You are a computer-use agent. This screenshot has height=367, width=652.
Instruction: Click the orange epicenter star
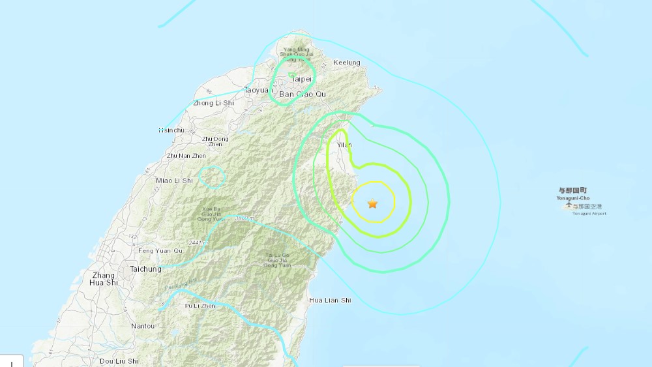coord(372,204)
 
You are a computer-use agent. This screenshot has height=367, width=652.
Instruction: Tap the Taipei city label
coord(302,79)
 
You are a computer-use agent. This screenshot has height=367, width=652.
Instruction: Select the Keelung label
coord(346,63)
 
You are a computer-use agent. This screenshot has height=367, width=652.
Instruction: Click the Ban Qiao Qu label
coord(302,95)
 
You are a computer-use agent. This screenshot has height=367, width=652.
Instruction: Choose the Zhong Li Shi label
coord(213,103)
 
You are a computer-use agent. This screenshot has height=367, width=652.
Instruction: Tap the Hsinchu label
coord(171,130)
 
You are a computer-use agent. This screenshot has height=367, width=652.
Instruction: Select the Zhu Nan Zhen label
coord(186,156)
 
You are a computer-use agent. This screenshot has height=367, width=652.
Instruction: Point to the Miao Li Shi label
coord(175,180)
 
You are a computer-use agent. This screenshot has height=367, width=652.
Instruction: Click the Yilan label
coord(344,145)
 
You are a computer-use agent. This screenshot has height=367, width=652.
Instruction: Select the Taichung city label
coord(145,269)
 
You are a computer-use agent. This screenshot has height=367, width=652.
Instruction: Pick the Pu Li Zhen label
coord(199,305)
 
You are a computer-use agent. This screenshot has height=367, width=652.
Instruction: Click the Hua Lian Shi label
coord(329,300)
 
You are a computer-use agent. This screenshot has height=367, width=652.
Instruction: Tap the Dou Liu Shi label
coord(119,360)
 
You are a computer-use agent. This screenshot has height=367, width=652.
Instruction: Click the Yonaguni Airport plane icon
coord(568,206)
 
